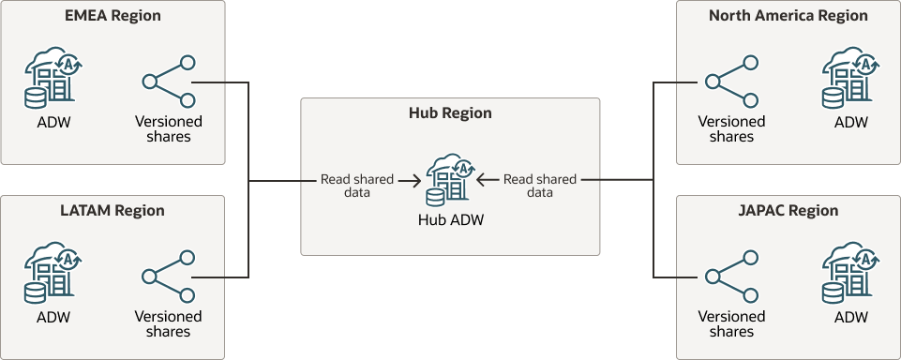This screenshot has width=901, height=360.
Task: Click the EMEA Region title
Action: click(113, 16)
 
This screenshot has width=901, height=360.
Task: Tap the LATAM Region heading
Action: click(113, 211)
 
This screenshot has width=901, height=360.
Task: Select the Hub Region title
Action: click(450, 113)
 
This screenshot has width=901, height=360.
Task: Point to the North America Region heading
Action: click(788, 16)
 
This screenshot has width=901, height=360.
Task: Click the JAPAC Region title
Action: click(788, 211)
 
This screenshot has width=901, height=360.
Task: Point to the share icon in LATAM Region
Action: click(169, 277)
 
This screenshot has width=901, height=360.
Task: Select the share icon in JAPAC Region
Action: click(731, 277)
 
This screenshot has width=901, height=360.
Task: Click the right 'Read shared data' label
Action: click(540, 186)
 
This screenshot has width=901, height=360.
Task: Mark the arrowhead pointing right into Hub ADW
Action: click(413, 179)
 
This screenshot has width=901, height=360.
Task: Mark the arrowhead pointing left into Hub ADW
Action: click(481, 179)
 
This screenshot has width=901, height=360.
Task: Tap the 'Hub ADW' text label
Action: click(450, 220)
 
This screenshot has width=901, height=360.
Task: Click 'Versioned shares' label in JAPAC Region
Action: click(732, 323)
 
